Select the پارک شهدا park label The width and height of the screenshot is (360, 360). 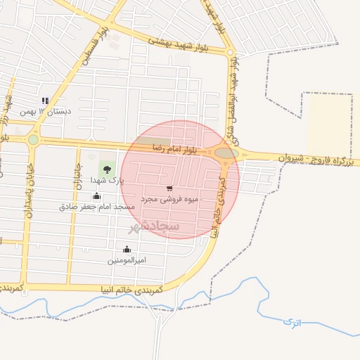tap(107, 181)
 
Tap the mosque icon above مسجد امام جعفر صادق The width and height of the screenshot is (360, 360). tap(96, 195)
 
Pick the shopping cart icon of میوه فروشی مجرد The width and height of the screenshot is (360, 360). tap(169, 188)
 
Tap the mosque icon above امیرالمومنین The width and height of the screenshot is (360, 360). tap(127, 249)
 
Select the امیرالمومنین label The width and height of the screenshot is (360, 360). tap(127, 260)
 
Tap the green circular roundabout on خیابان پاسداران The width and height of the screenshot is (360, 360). tap(33, 139)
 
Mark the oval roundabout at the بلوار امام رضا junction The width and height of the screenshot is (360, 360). tap(226, 153)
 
